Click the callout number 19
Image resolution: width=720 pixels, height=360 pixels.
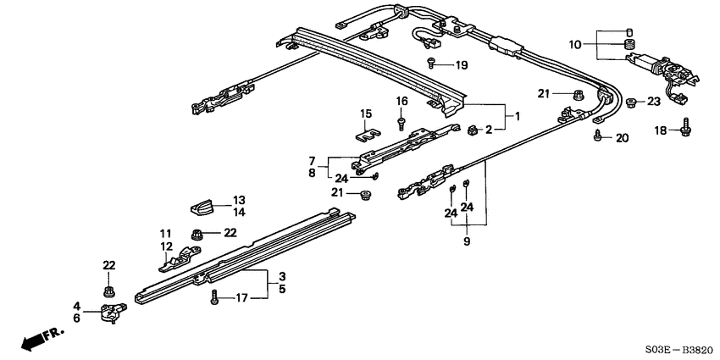[461, 65]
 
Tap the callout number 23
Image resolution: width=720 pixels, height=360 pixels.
[653, 102]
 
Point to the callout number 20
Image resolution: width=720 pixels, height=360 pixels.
[623, 138]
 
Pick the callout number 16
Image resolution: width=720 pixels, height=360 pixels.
[402, 101]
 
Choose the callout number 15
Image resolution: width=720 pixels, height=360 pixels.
[366, 114]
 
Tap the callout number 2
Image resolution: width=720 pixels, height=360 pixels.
[489, 130]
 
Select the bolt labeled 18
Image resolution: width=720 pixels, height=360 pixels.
[685, 129]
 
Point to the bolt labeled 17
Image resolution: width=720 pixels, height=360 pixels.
[214, 298]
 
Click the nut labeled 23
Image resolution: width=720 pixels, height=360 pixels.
[632, 102]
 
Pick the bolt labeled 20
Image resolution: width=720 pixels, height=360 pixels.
[599, 136]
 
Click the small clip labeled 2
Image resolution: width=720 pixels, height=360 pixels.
[471, 129]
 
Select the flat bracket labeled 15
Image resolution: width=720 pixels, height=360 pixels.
[365, 132]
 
